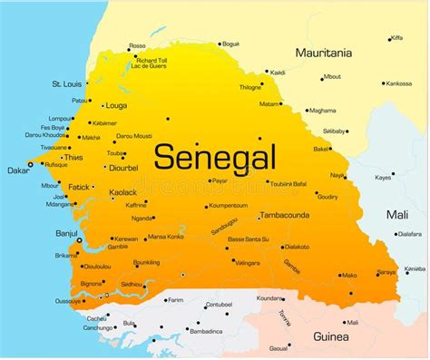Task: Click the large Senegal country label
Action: pyautogui.click(x=214, y=156)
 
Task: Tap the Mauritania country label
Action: pyautogui.click(x=323, y=53)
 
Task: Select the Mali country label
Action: pyautogui.click(x=397, y=215)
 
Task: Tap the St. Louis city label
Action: pyautogui.click(x=68, y=84)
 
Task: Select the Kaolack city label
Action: pyautogui.click(x=122, y=192)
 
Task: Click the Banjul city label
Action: pyautogui.click(x=65, y=232)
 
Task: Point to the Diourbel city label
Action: pyautogui.click(x=122, y=167)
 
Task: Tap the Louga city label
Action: pyautogui.click(x=116, y=105)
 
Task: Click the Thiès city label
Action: pyautogui.click(x=73, y=157)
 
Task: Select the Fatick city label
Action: pyautogui.click(x=79, y=187)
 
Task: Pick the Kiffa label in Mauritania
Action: pyautogui.click(x=396, y=38)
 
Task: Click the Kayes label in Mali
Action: pyautogui.click(x=383, y=177)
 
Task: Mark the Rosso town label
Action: pyautogui.click(x=137, y=45)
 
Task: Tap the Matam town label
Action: pyautogui.click(x=269, y=104)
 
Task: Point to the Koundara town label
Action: pyautogui.click(x=269, y=297)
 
